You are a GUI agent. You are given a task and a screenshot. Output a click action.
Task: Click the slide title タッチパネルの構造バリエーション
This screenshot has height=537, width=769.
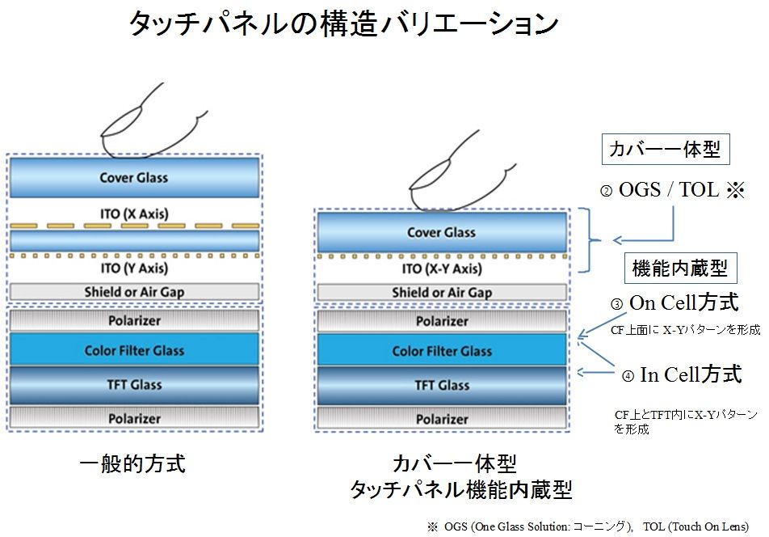(343, 25)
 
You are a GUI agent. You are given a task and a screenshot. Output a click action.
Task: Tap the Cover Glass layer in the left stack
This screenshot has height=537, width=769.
(133, 178)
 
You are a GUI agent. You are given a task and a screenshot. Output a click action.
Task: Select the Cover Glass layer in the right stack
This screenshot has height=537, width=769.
(441, 233)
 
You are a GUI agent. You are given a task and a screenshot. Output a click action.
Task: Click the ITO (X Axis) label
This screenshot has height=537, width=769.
(133, 214)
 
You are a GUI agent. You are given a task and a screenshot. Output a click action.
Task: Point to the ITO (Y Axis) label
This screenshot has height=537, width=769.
(133, 268)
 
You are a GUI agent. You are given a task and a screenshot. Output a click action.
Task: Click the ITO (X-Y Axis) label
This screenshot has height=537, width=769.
(441, 269)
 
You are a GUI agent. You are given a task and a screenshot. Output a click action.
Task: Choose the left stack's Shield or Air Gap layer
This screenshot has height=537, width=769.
(133, 291)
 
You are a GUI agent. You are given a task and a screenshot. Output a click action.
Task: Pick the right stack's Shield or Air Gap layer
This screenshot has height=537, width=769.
(441, 293)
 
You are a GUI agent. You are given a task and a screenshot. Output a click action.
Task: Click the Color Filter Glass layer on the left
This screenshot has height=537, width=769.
(133, 351)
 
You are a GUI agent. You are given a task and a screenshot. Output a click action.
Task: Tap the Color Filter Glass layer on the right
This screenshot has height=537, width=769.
(441, 351)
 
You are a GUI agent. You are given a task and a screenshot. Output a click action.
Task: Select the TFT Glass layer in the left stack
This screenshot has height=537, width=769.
(133, 385)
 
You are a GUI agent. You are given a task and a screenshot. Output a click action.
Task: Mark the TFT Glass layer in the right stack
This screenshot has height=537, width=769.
(441, 385)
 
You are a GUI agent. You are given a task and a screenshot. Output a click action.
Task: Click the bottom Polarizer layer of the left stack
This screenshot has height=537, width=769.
(133, 418)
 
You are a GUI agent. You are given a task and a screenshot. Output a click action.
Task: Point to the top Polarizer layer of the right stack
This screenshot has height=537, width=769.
(441, 321)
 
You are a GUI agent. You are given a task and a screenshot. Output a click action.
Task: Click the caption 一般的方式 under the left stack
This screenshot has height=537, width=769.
(133, 463)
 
